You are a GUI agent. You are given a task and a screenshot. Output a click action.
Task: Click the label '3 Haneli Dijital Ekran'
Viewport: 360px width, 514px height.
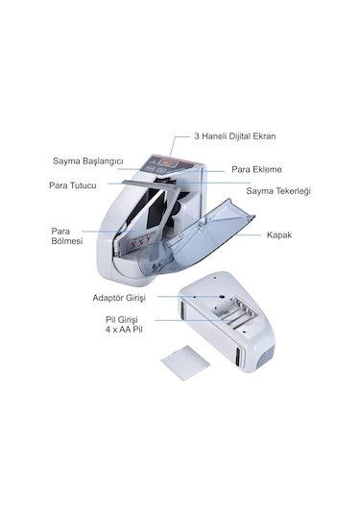[235, 136]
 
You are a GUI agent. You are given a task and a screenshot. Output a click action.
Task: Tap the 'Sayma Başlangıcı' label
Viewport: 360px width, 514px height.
[88, 161]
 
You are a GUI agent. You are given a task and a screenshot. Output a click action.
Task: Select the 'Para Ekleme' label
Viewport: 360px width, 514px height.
[256, 169]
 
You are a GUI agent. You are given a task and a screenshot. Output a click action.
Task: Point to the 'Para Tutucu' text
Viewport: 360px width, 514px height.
[73, 185]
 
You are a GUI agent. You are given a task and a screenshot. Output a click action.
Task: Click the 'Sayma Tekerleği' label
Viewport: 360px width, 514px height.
[278, 191]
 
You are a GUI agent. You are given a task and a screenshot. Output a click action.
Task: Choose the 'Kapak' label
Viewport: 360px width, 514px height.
[279, 235]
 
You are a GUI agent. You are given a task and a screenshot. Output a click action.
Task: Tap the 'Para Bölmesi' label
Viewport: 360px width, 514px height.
[67, 236]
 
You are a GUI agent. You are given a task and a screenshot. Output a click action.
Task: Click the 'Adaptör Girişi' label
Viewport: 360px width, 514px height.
[119, 298]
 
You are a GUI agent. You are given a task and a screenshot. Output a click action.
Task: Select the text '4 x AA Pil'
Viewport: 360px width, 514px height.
[124, 330]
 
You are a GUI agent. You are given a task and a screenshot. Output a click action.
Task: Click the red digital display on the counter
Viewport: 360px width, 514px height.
[166, 162]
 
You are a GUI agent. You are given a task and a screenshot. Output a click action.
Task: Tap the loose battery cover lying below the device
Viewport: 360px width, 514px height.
[185, 362]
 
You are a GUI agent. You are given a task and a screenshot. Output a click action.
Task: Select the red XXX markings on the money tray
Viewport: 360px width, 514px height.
[140, 242]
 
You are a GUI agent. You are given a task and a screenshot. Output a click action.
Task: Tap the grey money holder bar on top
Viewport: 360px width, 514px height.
[149, 184]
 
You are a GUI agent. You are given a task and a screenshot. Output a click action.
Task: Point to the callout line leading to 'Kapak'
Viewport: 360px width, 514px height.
[248, 235]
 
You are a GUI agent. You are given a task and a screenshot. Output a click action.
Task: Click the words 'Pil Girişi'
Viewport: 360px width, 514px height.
[122, 320]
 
